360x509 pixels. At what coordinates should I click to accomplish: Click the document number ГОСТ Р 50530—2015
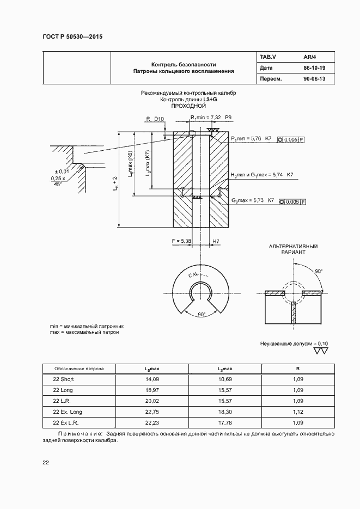(x=72, y=37)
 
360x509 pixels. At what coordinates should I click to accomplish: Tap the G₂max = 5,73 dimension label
(x=248, y=201)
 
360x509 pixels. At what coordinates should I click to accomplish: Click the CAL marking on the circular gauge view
(x=193, y=275)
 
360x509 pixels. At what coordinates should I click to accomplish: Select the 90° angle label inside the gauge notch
(x=201, y=314)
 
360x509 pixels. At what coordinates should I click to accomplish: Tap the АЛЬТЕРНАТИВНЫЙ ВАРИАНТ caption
(x=293, y=250)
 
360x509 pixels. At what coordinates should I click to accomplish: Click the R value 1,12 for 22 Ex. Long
(x=297, y=412)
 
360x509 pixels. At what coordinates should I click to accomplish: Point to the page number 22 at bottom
(x=46, y=463)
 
